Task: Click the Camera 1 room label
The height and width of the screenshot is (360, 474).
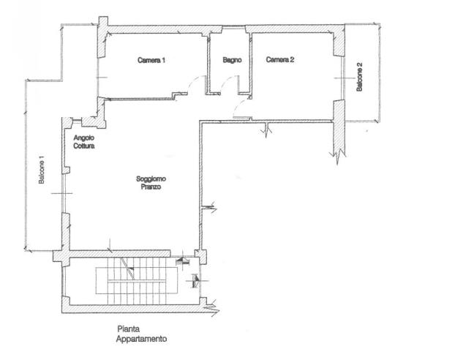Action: [151, 60]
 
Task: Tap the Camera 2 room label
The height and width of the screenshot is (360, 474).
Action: [280, 59]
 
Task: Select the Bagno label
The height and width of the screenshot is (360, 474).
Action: [232, 60]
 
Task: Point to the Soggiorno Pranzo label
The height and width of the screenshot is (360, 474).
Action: [151, 183]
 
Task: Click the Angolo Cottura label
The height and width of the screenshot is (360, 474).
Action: [84, 142]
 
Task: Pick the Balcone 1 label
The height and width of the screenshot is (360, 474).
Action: [42, 170]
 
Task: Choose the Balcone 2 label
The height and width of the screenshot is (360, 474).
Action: [359, 77]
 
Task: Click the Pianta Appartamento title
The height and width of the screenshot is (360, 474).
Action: [141, 334]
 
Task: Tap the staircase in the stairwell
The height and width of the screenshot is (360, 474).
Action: [137, 280]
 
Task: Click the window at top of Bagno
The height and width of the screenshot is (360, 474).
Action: [233, 28]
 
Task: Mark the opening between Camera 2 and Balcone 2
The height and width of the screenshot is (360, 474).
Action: [343, 78]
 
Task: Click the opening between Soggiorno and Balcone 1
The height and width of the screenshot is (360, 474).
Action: [63, 193]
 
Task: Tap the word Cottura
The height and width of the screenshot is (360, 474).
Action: [84, 146]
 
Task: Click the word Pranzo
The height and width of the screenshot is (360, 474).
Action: [151, 187]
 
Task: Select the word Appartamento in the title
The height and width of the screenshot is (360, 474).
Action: [141, 339]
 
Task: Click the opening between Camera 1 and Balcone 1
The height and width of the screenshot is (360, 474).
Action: [97, 78]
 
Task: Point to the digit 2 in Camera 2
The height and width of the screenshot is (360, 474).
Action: [292, 59]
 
